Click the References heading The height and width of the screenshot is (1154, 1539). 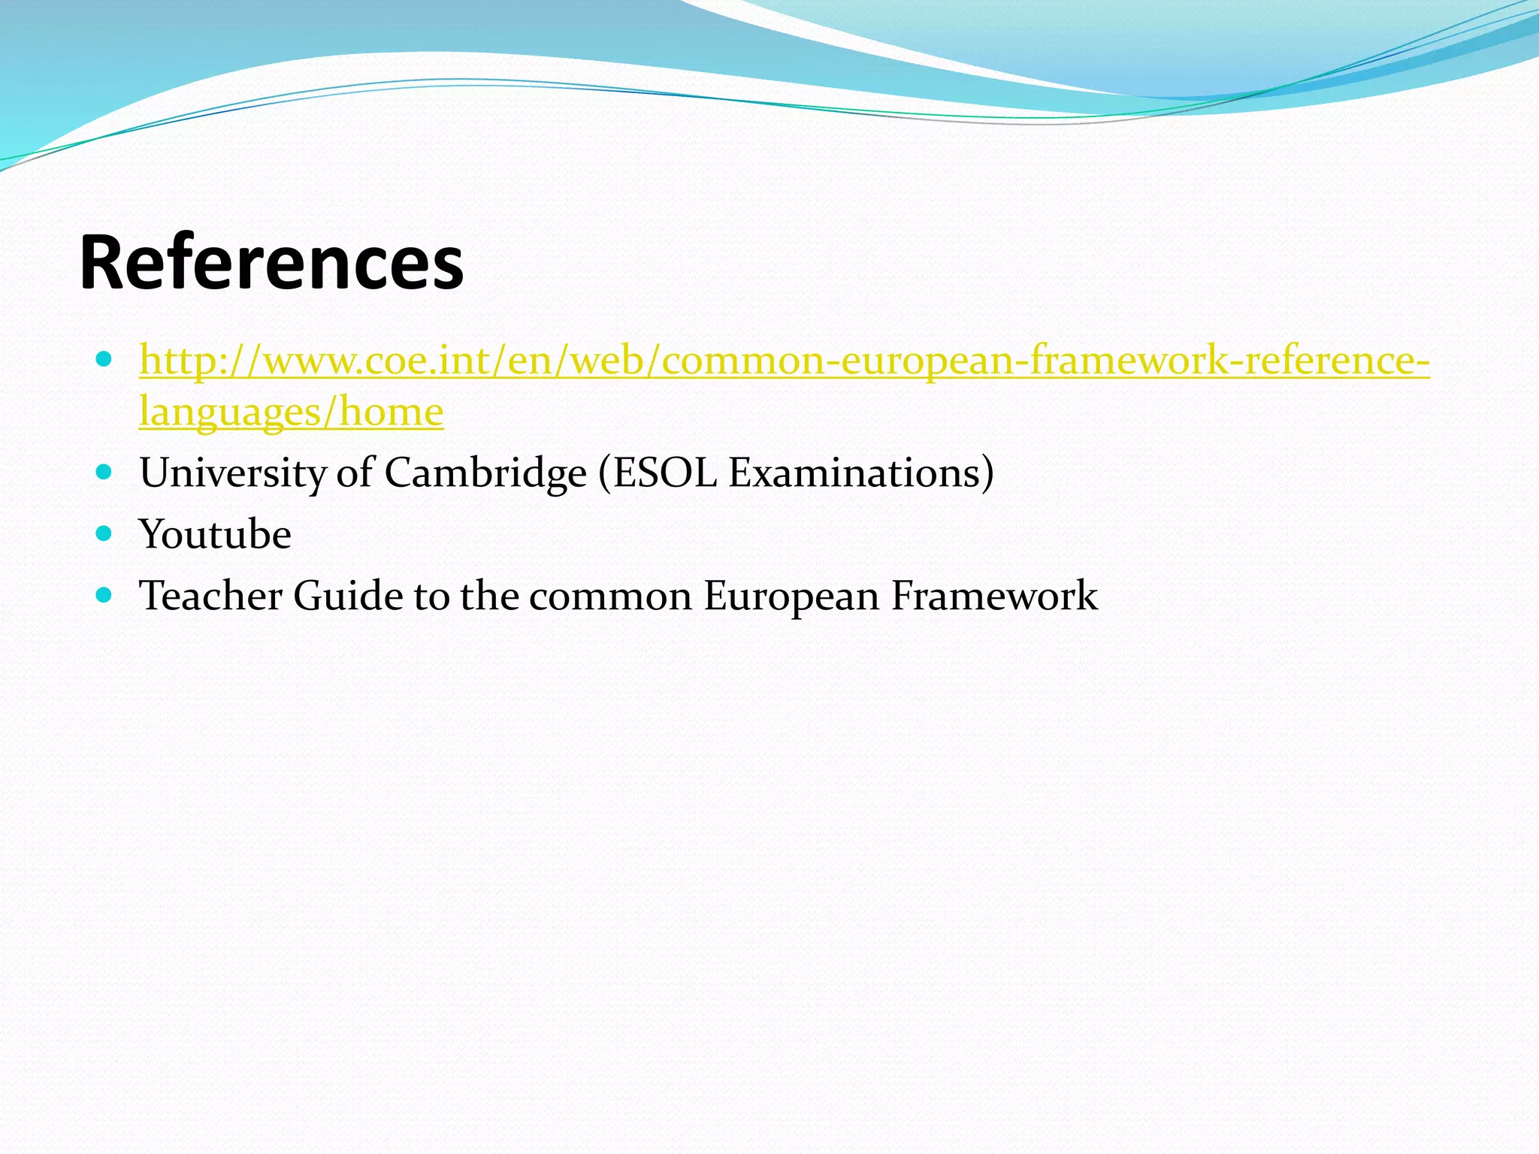click(271, 263)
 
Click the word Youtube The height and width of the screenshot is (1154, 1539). click(216, 535)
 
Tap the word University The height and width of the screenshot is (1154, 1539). click(232, 473)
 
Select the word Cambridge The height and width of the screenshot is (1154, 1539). click(485, 473)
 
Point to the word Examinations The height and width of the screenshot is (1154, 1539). click(854, 473)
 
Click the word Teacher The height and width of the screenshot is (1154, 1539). click(211, 597)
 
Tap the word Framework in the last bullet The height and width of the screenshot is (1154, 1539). click(993, 597)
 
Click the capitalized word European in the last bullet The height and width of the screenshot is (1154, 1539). click(791, 597)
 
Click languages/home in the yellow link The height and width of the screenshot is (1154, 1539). click(292, 412)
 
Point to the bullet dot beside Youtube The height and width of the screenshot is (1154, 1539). click(104, 534)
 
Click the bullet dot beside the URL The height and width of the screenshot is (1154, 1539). click(104, 359)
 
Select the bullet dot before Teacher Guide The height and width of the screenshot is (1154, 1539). click(104, 596)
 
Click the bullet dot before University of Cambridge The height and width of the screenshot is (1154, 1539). click(104, 473)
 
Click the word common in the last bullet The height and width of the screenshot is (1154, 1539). click(610, 597)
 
